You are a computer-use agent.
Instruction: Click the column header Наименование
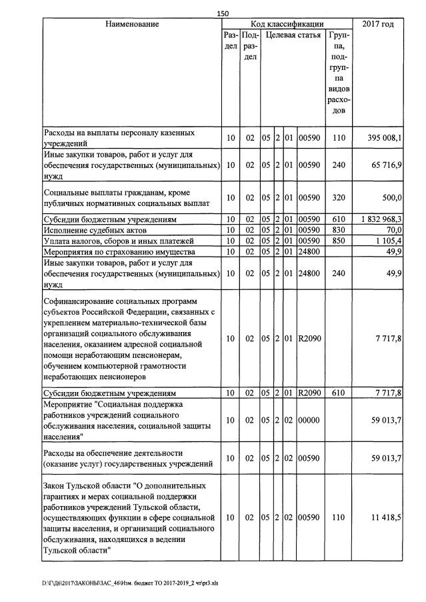pos(132,25)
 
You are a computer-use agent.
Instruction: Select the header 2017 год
pos(377,25)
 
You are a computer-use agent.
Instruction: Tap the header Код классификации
pos(287,24)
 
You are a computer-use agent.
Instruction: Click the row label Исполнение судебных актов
pos(94,229)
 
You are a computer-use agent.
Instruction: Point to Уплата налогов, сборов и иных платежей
pos(118,240)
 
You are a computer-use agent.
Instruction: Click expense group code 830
pos(338,229)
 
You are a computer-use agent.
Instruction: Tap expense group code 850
pos(338,240)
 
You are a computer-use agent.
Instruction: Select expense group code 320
pos(338,197)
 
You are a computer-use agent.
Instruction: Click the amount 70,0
pos(392,229)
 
